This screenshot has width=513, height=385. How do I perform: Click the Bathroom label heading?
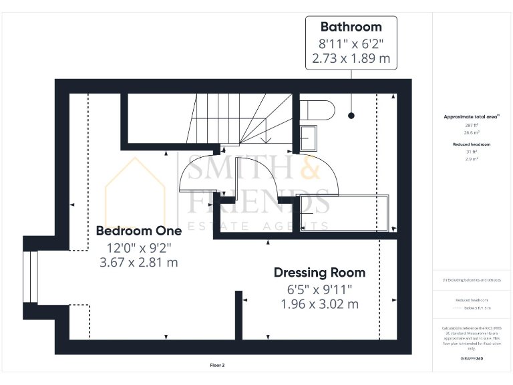point(351,27)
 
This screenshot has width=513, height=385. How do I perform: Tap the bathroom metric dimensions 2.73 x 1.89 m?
point(351,59)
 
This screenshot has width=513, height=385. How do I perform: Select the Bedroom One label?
point(139,231)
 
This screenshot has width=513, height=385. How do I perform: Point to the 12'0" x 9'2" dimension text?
point(139,247)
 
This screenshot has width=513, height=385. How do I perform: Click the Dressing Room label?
point(320,273)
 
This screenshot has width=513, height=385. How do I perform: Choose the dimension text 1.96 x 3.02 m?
point(320,304)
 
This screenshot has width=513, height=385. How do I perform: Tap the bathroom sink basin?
point(309,137)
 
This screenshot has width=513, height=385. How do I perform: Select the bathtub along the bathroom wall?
point(344,213)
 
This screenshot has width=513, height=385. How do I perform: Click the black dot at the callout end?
point(351,116)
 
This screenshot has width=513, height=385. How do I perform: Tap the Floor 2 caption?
point(218,366)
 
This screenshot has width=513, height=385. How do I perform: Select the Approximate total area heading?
point(472,117)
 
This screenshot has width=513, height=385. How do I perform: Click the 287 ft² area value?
point(472,125)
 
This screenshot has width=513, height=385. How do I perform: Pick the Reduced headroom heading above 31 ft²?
point(472,144)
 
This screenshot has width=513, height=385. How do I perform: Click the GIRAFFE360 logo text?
point(472,360)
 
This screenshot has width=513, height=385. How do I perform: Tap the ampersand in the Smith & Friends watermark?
point(310,170)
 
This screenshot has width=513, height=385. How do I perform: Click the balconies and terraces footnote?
point(472,280)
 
